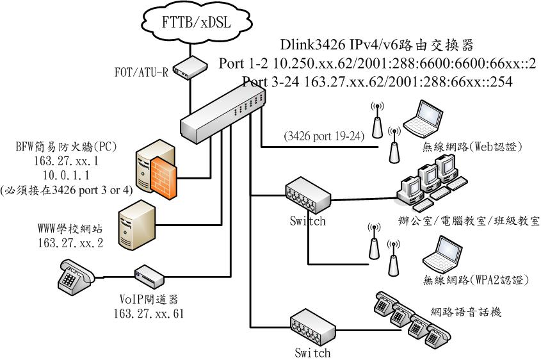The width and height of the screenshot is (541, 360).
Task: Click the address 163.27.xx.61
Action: [149, 313]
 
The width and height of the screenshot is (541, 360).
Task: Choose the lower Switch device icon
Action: [312, 327]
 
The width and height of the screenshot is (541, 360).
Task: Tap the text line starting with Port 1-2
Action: [376, 64]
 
